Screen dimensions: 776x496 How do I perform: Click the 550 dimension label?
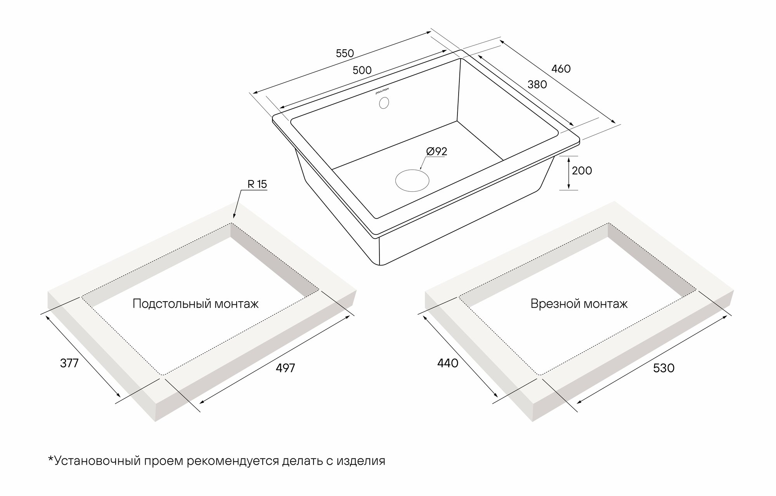pyautogui.click(x=345, y=54)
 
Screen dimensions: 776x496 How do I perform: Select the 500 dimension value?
pyautogui.click(x=362, y=70)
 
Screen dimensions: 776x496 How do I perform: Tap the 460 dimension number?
pyautogui.click(x=561, y=69)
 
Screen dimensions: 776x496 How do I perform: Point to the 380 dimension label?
pyautogui.click(x=537, y=84)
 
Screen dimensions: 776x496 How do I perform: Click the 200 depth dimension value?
pyautogui.click(x=582, y=171)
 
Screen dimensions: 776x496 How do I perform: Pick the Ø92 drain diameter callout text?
pyautogui.click(x=436, y=151)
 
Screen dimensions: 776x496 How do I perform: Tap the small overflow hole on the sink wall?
pyautogui.click(x=384, y=103)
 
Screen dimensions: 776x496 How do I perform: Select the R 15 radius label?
pyautogui.click(x=257, y=184)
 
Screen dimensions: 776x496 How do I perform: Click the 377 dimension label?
pyautogui.click(x=69, y=363)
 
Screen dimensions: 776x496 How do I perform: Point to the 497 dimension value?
pyautogui.click(x=285, y=368)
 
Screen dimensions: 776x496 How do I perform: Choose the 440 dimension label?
pyautogui.click(x=448, y=363)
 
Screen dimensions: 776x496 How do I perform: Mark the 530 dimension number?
pyautogui.click(x=664, y=368)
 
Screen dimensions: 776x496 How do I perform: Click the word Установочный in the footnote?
pyautogui.click(x=99, y=461)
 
